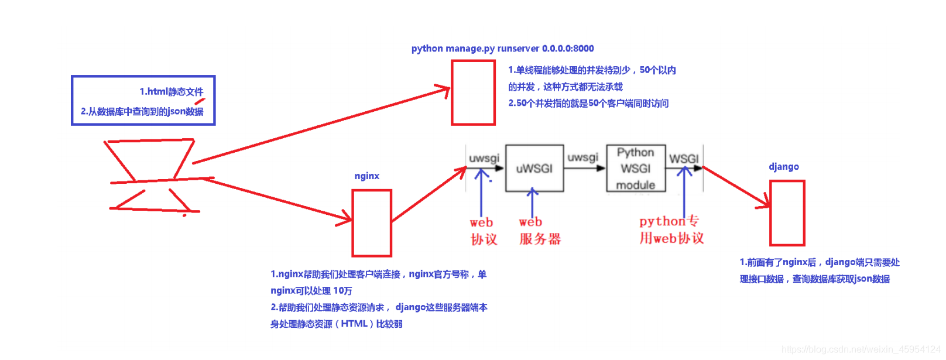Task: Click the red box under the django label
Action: [x=787, y=213]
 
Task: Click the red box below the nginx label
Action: [x=372, y=223]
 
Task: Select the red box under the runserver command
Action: [x=473, y=92]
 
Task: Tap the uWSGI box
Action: [x=534, y=169]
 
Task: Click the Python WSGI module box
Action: [x=636, y=169]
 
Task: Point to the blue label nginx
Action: [x=366, y=176]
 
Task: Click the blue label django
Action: [x=783, y=167]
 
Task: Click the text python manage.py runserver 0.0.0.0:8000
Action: [x=502, y=49]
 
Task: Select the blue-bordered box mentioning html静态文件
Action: [x=143, y=100]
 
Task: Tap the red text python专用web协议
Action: [x=671, y=229]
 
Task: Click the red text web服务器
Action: [x=539, y=231]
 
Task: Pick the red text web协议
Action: [x=483, y=231]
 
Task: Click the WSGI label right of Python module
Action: [x=684, y=159]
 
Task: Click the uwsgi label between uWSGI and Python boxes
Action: [x=582, y=157]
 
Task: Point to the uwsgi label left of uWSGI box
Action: [x=484, y=158]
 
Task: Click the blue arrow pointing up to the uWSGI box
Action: [x=532, y=203]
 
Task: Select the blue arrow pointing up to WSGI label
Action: [x=684, y=193]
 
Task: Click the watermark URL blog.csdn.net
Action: [x=861, y=349]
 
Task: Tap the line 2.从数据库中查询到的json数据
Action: [x=142, y=111]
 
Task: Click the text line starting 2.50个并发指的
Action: [x=588, y=104]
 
